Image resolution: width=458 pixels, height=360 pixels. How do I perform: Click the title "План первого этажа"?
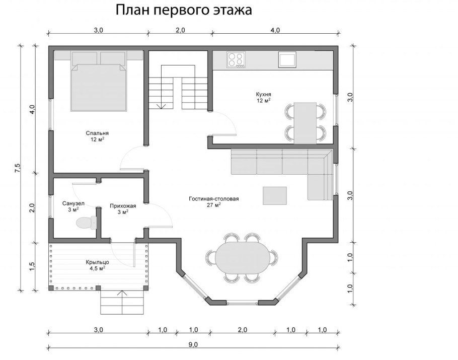184,10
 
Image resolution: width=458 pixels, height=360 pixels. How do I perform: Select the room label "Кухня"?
263,94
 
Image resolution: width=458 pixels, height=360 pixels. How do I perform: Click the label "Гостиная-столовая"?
214,199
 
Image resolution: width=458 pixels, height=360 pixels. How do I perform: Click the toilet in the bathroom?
86,223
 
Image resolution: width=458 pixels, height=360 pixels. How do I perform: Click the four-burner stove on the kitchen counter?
236,59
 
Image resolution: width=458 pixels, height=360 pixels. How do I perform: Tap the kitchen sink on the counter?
287,59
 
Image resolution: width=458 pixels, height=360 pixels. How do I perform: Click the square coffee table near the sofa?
274,195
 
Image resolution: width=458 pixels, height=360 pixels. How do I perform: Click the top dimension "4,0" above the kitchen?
275,30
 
